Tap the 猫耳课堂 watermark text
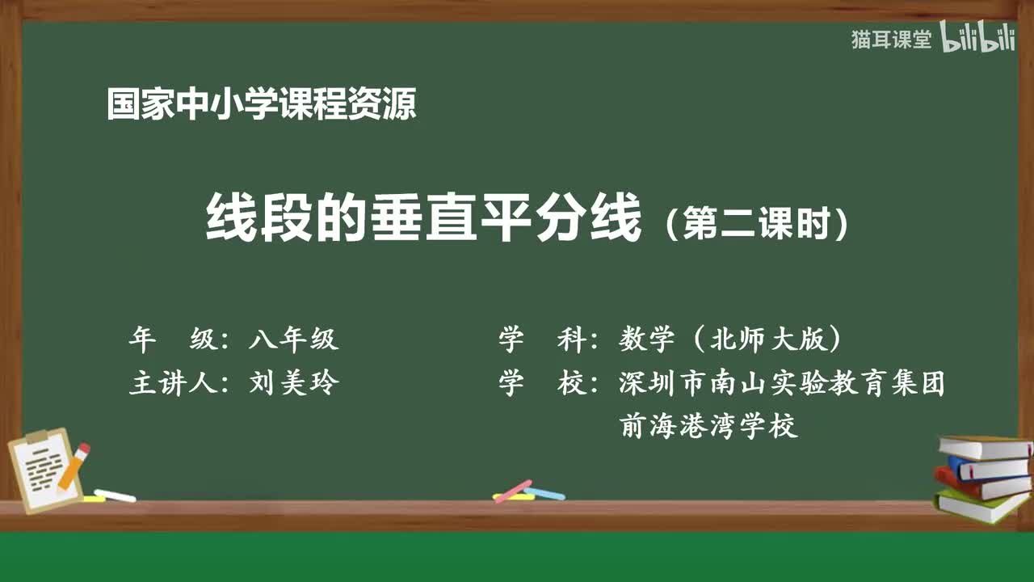tap(891, 40)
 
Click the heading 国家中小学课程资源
tap(261, 104)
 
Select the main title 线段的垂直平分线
tap(423, 220)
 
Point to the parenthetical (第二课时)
tap(756, 224)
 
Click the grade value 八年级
tap(293, 339)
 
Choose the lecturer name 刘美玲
tap(293, 382)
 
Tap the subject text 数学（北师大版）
tap(731, 339)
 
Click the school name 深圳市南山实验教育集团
tap(782, 382)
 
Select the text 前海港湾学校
tap(708, 425)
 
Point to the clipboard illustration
tap(45, 469)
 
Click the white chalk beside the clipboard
tap(115, 495)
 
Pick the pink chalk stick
tap(513, 491)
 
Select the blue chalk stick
tap(544, 492)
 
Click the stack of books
tap(982, 477)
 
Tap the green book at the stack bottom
tap(979, 505)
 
